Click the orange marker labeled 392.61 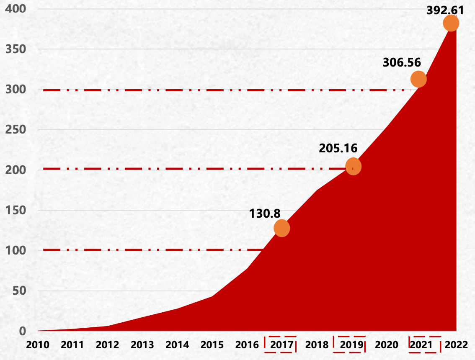point(451,23)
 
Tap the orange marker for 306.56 point(418,79)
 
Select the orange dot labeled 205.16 point(353,167)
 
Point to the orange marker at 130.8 point(282,228)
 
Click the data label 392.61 point(445,10)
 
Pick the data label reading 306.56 point(402,62)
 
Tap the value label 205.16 point(338,148)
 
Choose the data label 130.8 point(265,213)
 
